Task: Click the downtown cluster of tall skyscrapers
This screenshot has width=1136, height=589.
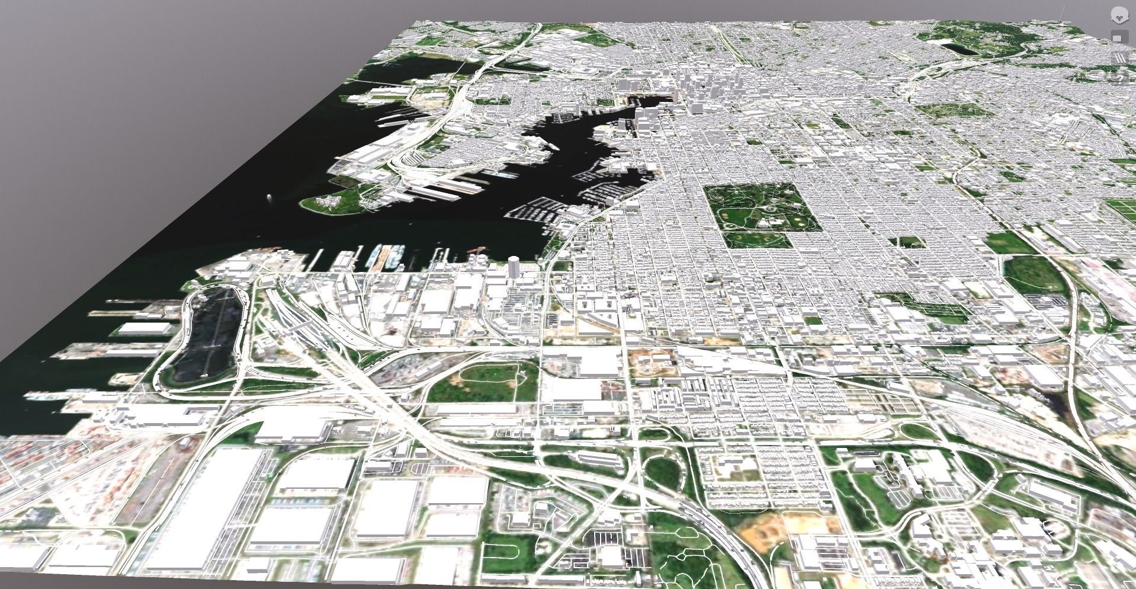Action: point(699,89)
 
